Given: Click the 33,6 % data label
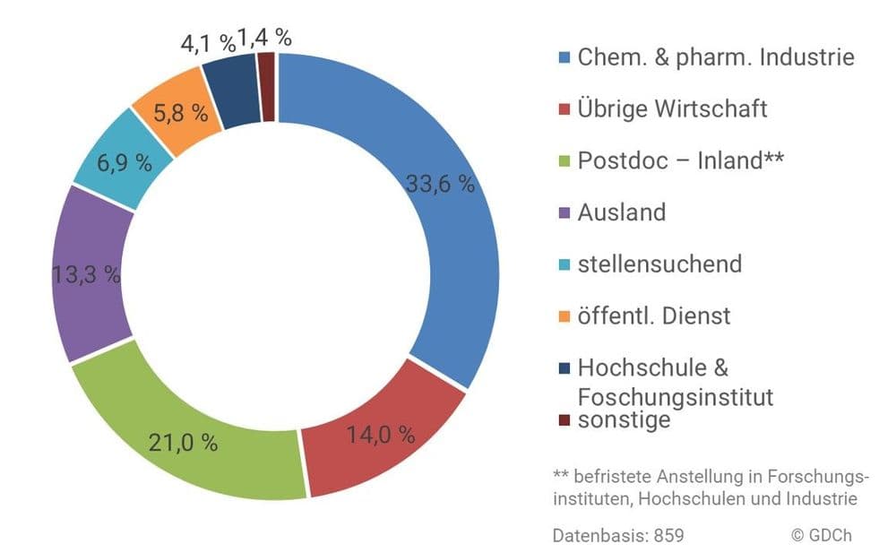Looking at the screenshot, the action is click(440, 184).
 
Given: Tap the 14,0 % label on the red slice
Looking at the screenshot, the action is click(381, 435).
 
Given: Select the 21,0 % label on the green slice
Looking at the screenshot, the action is click(183, 443).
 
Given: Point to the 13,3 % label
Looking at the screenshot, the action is click(86, 275).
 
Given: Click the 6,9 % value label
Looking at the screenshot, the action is click(124, 163).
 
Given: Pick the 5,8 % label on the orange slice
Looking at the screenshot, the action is click(180, 113).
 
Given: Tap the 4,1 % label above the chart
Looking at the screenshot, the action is click(208, 43).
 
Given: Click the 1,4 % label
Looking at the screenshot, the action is click(264, 38).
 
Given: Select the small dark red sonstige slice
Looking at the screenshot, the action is click(267, 87).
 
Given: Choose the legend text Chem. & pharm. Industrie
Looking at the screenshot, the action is click(716, 57).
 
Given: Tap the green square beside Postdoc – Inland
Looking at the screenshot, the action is click(564, 161).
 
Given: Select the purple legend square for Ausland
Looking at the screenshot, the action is click(564, 213).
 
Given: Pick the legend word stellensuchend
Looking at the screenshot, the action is click(659, 264).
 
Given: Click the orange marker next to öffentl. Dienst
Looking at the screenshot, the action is click(564, 316).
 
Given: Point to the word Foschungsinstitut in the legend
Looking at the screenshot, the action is click(676, 397).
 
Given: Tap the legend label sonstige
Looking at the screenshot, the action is click(624, 420).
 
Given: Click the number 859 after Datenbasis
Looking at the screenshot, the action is click(669, 536).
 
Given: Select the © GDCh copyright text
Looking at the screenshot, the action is click(822, 535).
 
